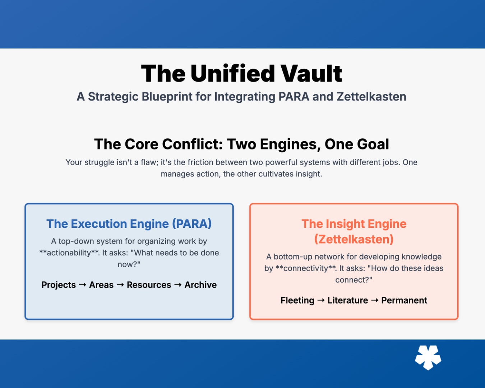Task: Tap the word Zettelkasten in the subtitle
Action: (371, 97)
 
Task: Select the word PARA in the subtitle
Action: (294, 97)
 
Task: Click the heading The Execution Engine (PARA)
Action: (129, 224)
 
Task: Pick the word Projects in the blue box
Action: (59, 285)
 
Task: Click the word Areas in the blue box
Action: (101, 285)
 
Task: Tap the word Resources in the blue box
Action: (149, 285)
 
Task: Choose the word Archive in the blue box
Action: (200, 285)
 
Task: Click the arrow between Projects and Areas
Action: (83, 285)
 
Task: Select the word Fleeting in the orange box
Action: (297, 301)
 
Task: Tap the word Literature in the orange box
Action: (347, 301)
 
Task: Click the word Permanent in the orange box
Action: (404, 301)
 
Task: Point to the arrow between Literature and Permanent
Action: (374, 300)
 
